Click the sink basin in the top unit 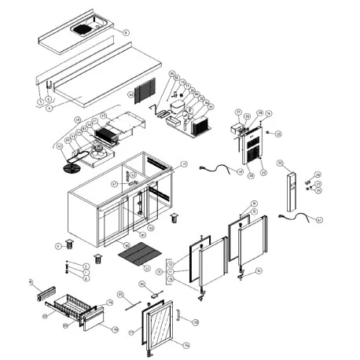click(83, 31)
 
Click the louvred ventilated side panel click(253, 150)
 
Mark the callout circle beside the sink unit click(125, 31)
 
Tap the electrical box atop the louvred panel click(237, 127)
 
